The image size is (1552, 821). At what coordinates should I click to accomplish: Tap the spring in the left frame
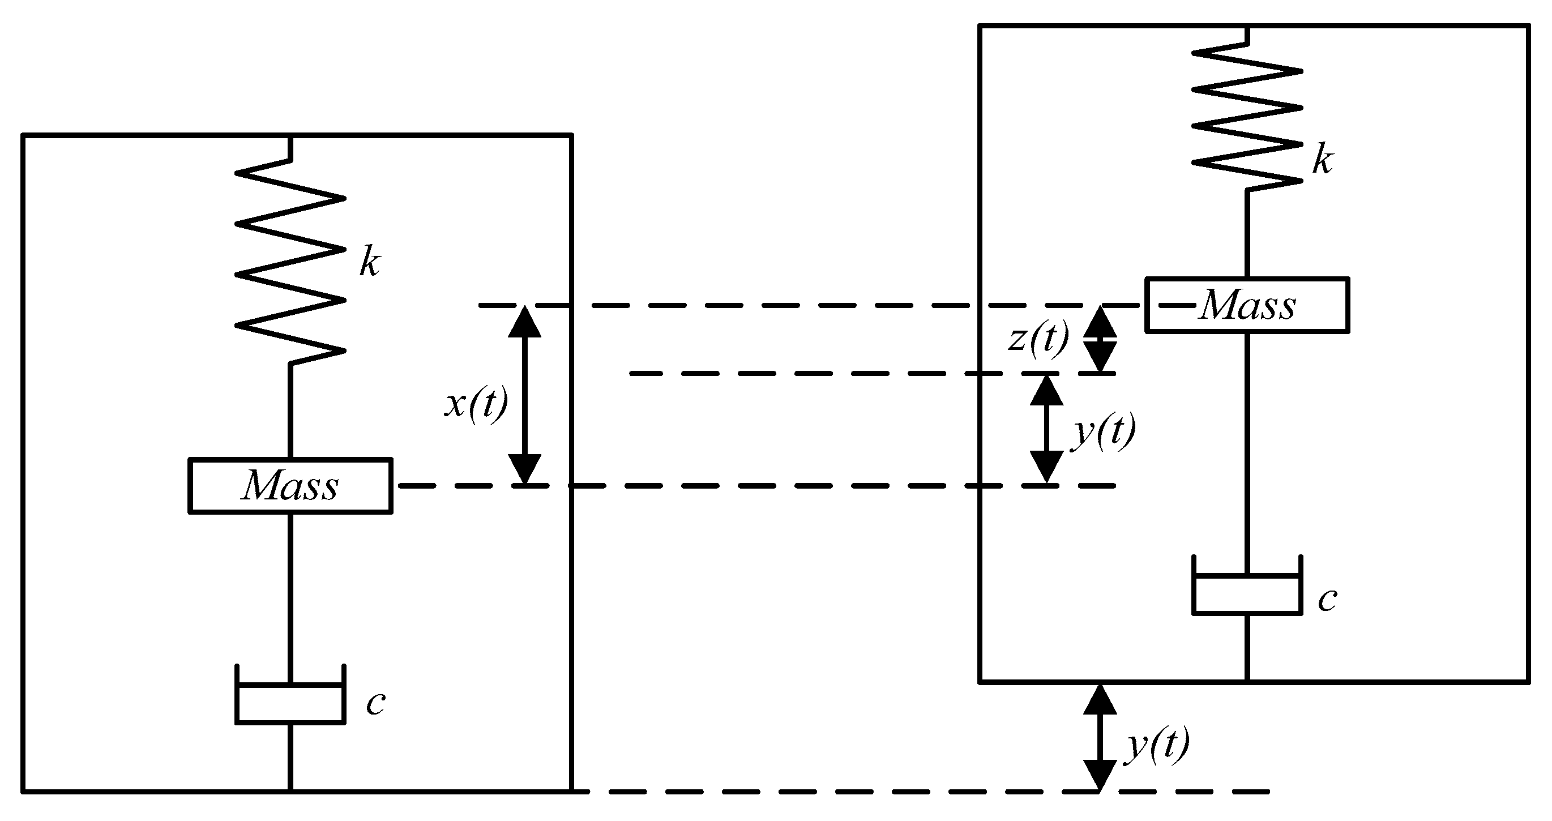pyautogui.click(x=290, y=262)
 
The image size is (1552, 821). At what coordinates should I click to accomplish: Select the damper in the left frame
pyautogui.click(x=290, y=702)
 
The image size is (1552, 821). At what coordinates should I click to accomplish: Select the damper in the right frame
pyautogui.click(x=1247, y=593)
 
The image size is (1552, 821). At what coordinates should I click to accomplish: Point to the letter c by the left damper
pyautogui.click(x=375, y=703)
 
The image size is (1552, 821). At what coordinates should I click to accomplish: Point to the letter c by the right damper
pyautogui.click(x=1327, y=600)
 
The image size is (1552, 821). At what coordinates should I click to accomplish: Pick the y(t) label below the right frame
pyautogui.click(x=1157, y=745)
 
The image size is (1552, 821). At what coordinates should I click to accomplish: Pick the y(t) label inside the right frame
pyautogui.click(x=1104, y=431)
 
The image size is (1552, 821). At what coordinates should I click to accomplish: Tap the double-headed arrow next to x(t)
pyautogui.click(x=525, y=395)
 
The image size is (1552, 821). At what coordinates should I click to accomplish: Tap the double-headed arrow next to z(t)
pyautogui.click(x=1100, y=340)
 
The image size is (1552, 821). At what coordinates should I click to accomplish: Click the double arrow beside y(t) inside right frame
pyautogui.click(x=1046, y=429)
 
